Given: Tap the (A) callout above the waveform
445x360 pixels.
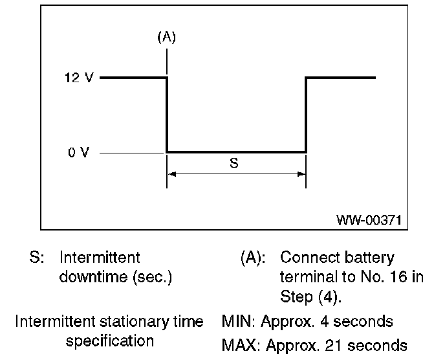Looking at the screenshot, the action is pyautogui.click(x=167, y=38).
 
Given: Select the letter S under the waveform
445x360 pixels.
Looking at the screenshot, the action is pyautogui.click(x=234, y=163).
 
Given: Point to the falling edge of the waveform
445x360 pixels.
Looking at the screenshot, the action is pyautogui.click(x=168, y=115).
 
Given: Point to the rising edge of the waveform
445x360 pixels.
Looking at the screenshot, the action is pyautogui.click(x=305, y=115).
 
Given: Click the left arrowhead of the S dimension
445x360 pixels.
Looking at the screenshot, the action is pyautogui.click(x=171, y=174).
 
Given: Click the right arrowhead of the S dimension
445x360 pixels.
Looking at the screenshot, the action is pyautogui.click(x=301, y=174).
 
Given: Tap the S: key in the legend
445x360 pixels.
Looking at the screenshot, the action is pyautogui.click(x=37, y=258).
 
